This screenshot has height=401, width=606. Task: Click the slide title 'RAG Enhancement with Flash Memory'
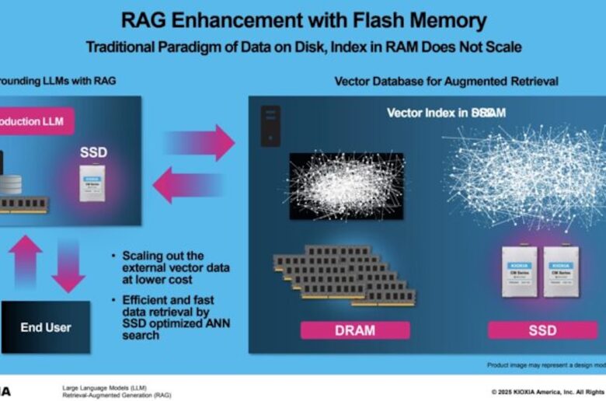click(x=303, y=21)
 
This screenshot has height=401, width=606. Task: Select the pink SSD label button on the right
click(x=542, y=330)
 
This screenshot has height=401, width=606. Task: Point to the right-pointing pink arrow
click(x=199, y=142)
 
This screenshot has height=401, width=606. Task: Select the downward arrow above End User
click(x=68, y=264)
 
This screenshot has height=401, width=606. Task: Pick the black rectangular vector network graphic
click(x=346, y=186)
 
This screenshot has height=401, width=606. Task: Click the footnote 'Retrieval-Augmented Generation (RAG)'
click(x=117, y=395)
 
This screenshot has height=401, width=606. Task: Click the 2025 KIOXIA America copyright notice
click(x=548, y=391)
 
